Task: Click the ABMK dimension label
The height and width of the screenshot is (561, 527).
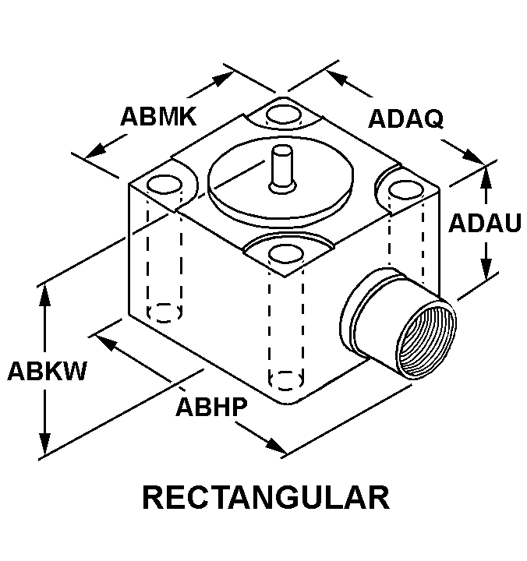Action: (158, 116)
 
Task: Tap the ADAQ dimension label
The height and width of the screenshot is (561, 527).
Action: (405, 118)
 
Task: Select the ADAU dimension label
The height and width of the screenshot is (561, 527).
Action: (485, 223)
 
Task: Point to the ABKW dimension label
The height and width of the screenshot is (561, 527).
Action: (47, 371)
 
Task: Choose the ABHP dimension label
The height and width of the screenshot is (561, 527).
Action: (211, 407)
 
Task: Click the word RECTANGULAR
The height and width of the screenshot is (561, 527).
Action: (266, 497)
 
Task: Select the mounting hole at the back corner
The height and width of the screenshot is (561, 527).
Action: (284, 115)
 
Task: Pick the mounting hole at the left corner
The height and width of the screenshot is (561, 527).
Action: (164, 185)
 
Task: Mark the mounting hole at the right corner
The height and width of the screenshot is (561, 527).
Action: (406, 189)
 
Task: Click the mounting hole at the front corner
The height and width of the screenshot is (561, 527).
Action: (285, 254)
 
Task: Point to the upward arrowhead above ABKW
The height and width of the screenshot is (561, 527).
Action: (44, 295)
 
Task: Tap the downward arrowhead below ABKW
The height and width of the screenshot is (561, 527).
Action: (44, 444)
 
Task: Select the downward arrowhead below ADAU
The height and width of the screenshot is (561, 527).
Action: (486, 269)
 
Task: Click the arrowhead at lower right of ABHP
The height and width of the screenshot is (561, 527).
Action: (276, 446)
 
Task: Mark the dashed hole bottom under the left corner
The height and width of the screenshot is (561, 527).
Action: (164, 312)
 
